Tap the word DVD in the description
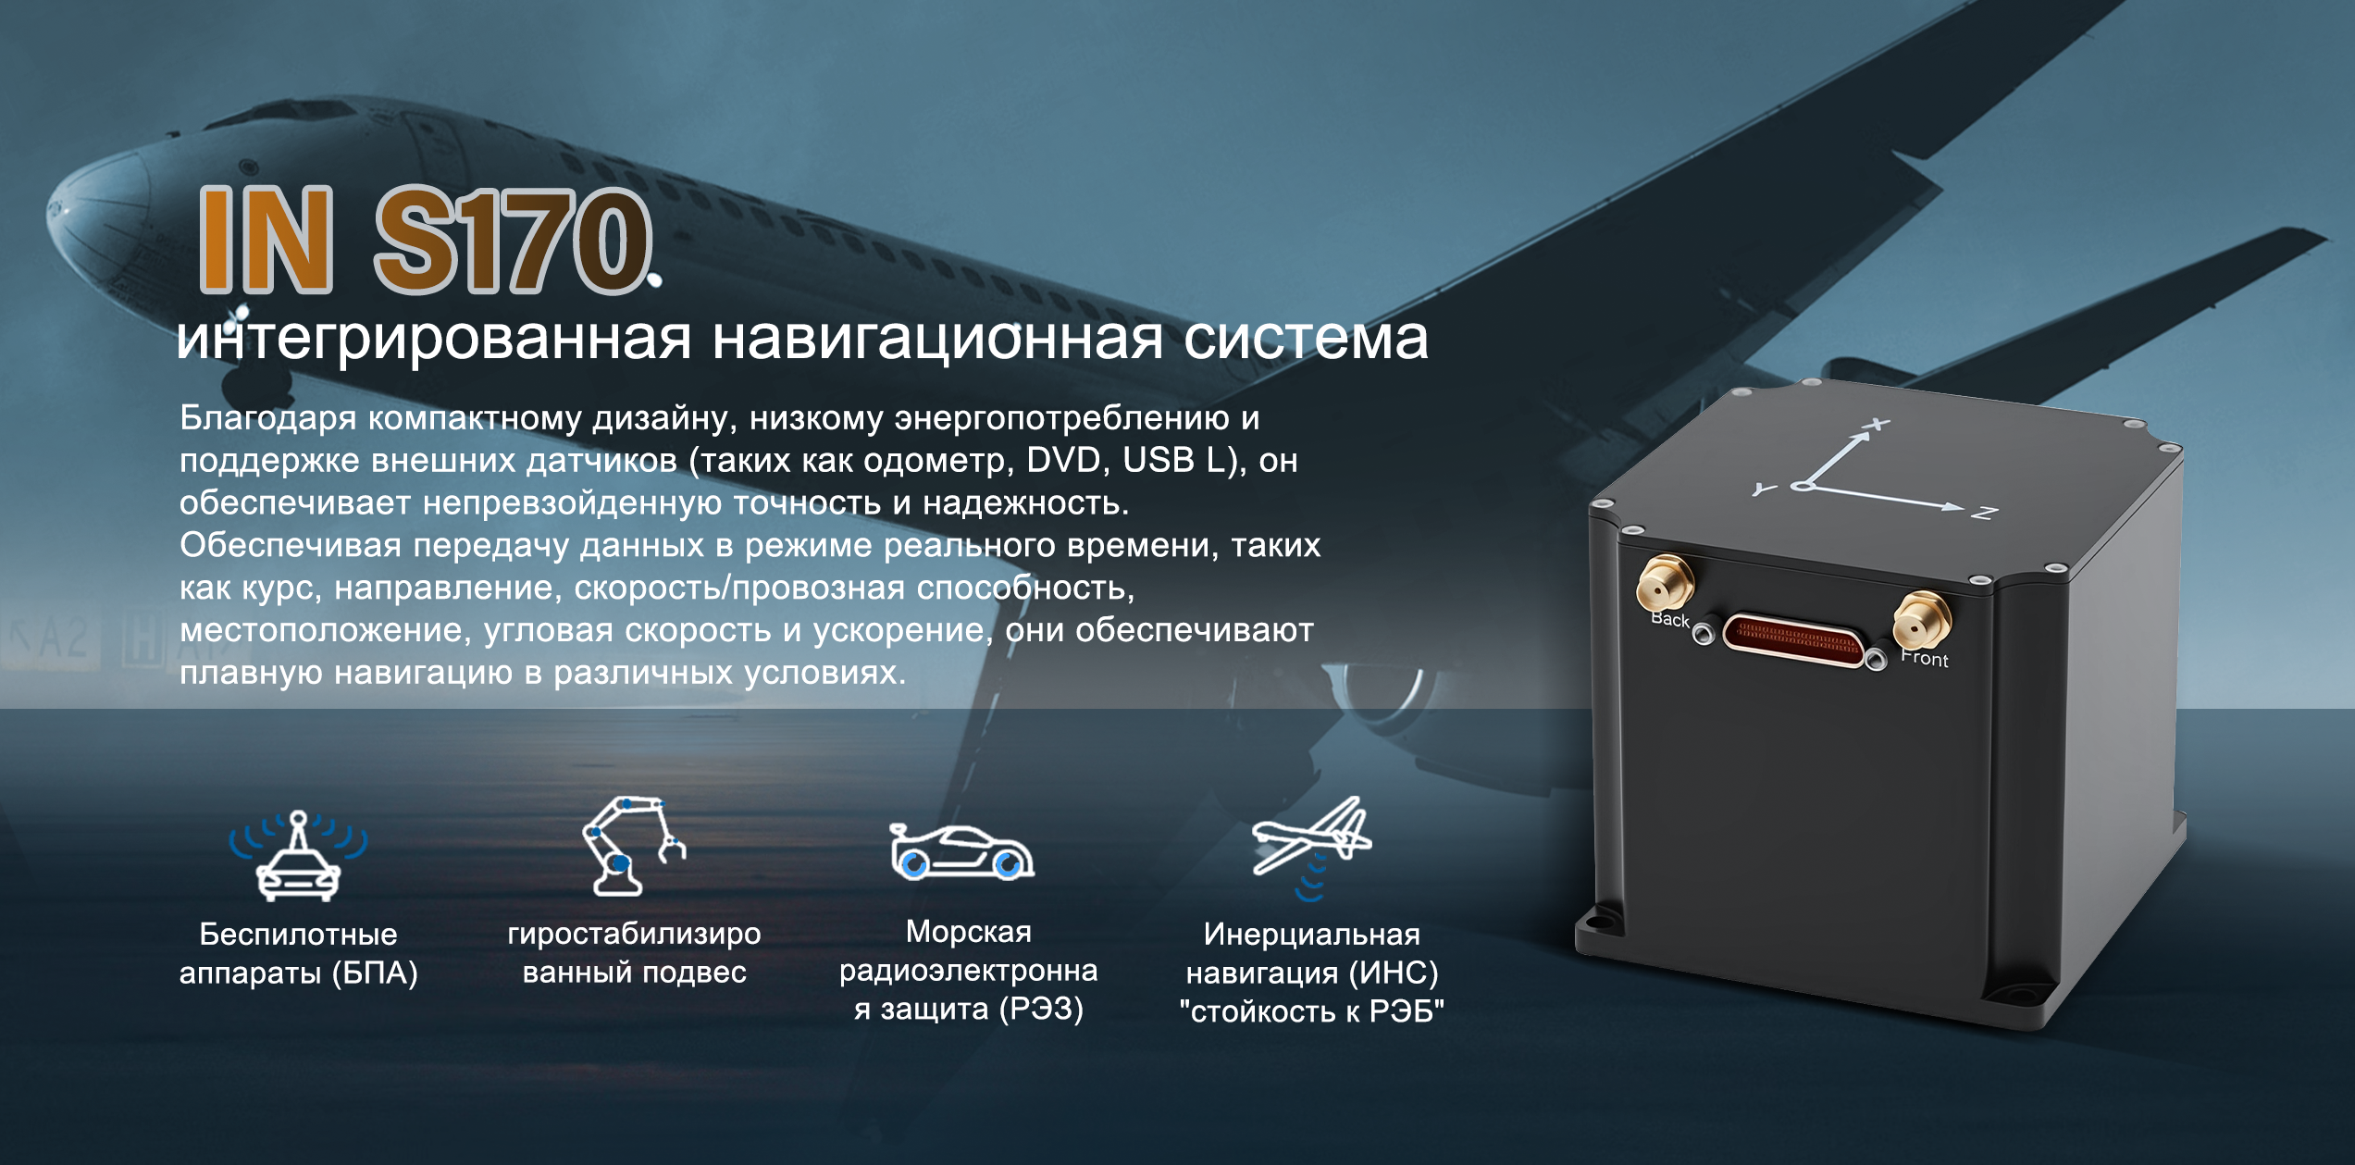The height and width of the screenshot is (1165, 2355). coord(1063,460)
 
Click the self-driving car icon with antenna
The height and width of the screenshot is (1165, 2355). coord(298,856)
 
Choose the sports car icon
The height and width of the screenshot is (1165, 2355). coord(961,849)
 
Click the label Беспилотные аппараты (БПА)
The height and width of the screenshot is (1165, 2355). coord(298,954)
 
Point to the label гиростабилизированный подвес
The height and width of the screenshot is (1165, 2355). coord(634,953)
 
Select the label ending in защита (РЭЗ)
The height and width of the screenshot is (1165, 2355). coord(968,970)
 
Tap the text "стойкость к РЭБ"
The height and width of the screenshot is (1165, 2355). coord(1311,1011)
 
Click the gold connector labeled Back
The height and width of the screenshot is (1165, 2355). coord(1665,583)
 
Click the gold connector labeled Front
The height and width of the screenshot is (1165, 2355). coord(1921,620)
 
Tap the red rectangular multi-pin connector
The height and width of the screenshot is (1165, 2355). coord(1794,638)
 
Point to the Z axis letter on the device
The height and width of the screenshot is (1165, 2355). coord(1984,513)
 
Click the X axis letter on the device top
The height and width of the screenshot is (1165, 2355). coord(1877,426)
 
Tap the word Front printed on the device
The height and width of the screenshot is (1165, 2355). coord(1925,658)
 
